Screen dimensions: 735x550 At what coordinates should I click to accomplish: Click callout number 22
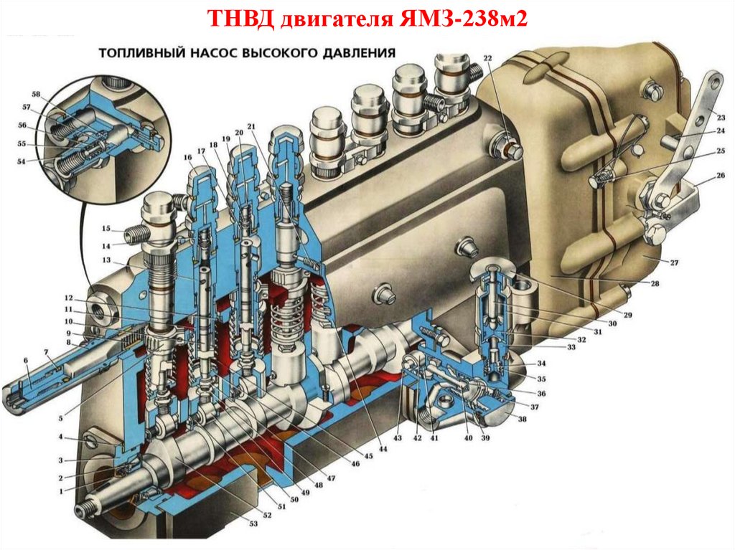click(x=488, y=58)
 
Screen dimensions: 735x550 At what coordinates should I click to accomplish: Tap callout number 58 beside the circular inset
click(x=36, y=94)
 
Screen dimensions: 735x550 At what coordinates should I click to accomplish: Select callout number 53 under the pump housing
click(x=253, y=523)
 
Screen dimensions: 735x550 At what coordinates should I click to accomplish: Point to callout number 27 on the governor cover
click(x=674, y=263)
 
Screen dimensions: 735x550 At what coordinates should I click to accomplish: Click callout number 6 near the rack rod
click(x=26, y=360)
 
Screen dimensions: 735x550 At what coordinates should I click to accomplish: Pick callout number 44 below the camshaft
click(x=383, y=449)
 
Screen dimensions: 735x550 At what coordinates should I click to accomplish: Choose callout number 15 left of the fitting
click(x=106, y=229)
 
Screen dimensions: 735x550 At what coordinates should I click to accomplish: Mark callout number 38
click(x=522, y=419)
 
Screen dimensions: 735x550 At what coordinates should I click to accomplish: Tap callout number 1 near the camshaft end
click(x=60, y=491)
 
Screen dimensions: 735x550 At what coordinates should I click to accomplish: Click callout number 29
click(x=627, y=315)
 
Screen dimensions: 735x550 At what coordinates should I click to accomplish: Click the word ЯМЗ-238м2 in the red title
click(x=464, y=19)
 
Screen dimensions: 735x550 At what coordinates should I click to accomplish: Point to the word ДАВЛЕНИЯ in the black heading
click(x=359, y=52)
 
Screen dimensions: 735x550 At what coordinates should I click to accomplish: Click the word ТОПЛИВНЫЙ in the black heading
click(x=141, y=52)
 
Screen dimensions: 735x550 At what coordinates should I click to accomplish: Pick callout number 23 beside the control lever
click(x=721, y=117)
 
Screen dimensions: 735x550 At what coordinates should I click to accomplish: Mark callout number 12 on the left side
click(x=69, y=298)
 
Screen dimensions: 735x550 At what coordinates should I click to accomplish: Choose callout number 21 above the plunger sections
click(x=251, y=126)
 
